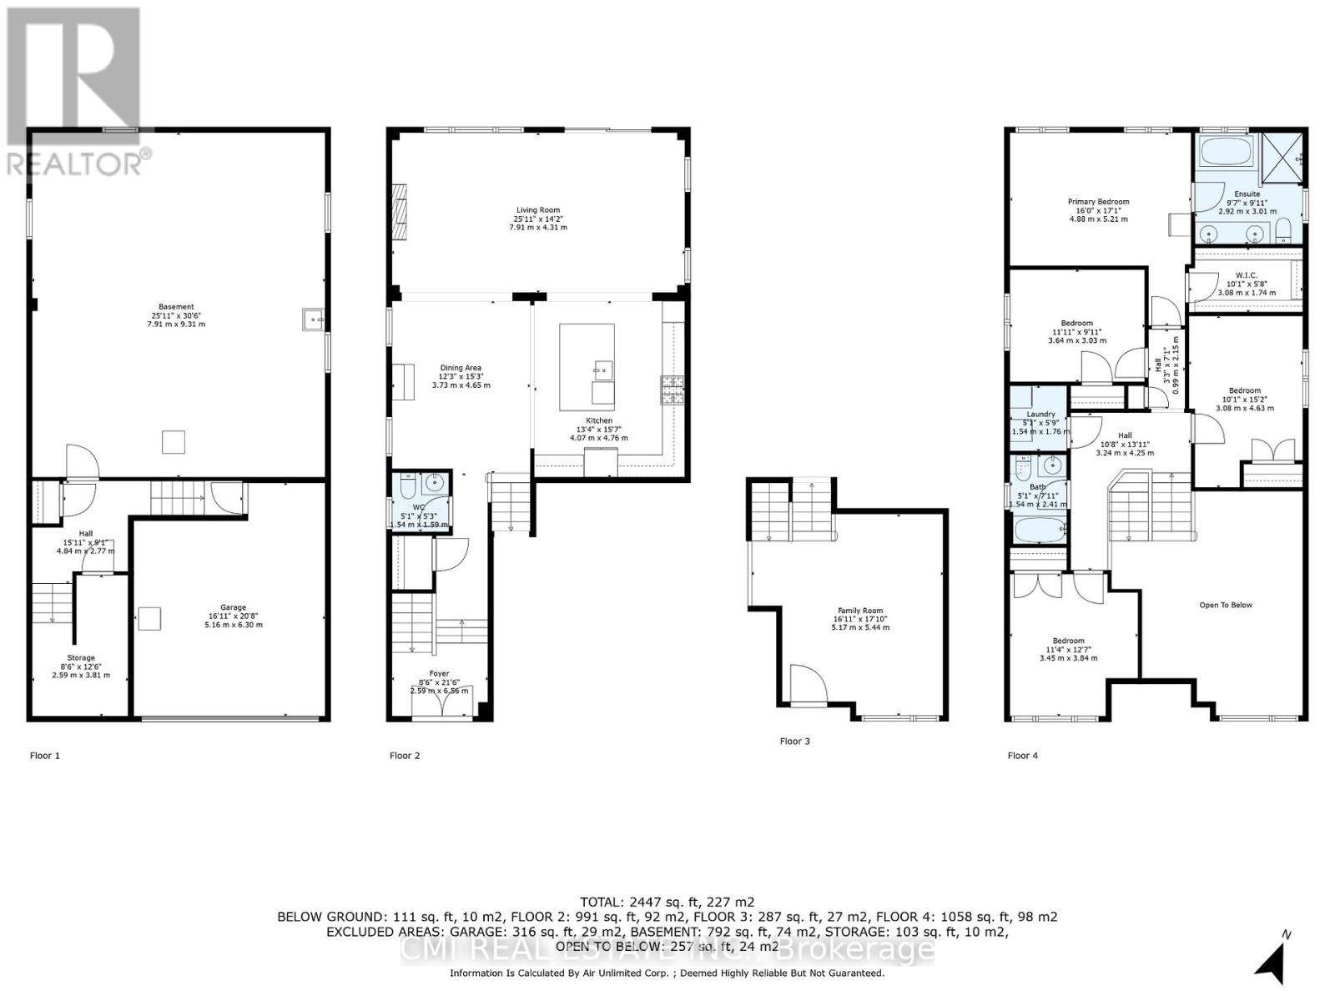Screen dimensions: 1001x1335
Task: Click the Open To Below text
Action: [1226, 605]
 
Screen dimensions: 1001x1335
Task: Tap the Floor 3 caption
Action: [794, 741]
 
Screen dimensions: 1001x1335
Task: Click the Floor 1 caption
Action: [45, 756]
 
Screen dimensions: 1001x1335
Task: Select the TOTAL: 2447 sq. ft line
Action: [667, 902]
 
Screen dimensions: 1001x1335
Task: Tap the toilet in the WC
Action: [406, 484]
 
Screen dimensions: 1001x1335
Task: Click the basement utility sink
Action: [311, 318]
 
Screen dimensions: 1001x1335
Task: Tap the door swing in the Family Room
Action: [806, 684]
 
